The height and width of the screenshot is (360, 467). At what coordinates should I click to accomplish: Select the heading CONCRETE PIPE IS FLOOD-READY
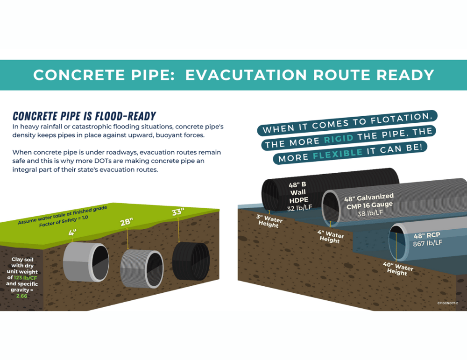(x=84, y=116)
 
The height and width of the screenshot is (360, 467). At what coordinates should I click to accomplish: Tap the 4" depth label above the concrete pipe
(x=72, y=232)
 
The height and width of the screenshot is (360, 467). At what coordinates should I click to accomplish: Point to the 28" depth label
(x=126, y=222)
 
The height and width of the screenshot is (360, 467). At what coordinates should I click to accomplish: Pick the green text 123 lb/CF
(x=28, y=277)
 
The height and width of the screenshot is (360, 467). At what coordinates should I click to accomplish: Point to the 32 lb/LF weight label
(x=300, y=208)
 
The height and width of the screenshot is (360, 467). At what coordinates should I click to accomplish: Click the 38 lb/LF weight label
(x=370, y=213)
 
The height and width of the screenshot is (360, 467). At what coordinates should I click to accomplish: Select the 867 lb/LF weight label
(x=427, y=243)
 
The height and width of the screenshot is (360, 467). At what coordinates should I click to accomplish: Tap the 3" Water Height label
(x=269, y=221)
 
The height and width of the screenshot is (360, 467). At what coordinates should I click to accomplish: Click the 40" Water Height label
(x=398, y=269)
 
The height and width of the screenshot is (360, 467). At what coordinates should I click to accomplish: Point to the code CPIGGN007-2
(x=447, y=303)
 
